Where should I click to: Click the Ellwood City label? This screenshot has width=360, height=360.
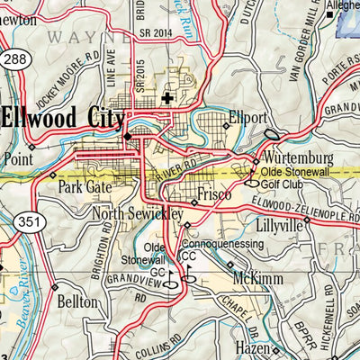tap(63, 118)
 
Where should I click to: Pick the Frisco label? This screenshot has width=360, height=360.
tap(214, 194)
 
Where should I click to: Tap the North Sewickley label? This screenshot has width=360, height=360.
tap(138, 214)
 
